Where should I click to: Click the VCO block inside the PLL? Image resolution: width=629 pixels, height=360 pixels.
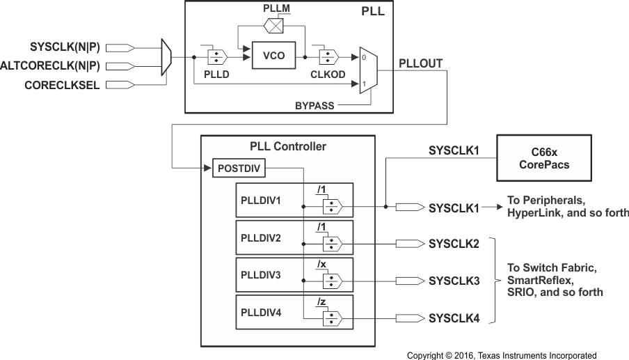pyautogui.click(x=273, y=56)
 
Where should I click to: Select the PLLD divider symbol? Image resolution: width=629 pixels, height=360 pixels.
pyautogui.click(x=216, y=55)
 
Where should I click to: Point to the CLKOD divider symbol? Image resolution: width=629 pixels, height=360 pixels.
pyautogui.click(x=328, y=56)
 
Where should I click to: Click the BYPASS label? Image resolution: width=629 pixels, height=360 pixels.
pyautogui.click(x=314, y=106)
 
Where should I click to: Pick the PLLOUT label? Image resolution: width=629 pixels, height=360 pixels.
pyautogui.click(x=420, y=63)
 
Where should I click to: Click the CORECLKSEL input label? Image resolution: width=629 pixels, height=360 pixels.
pyautogui.click(x=62, y=86)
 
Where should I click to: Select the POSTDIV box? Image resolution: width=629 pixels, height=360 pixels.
pyautogui.click(x=238, y=169)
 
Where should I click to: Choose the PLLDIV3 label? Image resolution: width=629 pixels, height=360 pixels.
pyautogui.click(x=261, y=276)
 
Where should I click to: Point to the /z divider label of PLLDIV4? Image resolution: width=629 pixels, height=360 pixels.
pyautogui.click(x=321, y=302)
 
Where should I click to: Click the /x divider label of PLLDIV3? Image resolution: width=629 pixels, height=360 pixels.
pyautogui.click(x=321, y=265)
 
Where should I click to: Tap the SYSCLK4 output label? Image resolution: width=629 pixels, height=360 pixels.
pyautogui.click(x=454, y=319)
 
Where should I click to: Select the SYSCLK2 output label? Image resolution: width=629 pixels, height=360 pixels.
pyautogui.click(x=454, y=244)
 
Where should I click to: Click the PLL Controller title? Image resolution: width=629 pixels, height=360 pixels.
pyautogui.click(x=288, y=146)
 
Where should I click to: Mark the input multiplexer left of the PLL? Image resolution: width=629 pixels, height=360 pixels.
pyautogui.click(x=166, y=57)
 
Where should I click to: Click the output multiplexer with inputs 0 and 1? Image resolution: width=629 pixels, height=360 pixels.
pyautogui.click(x=366, y=69)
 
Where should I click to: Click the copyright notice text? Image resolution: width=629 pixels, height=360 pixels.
pyautogui.click(x=502, y=355)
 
